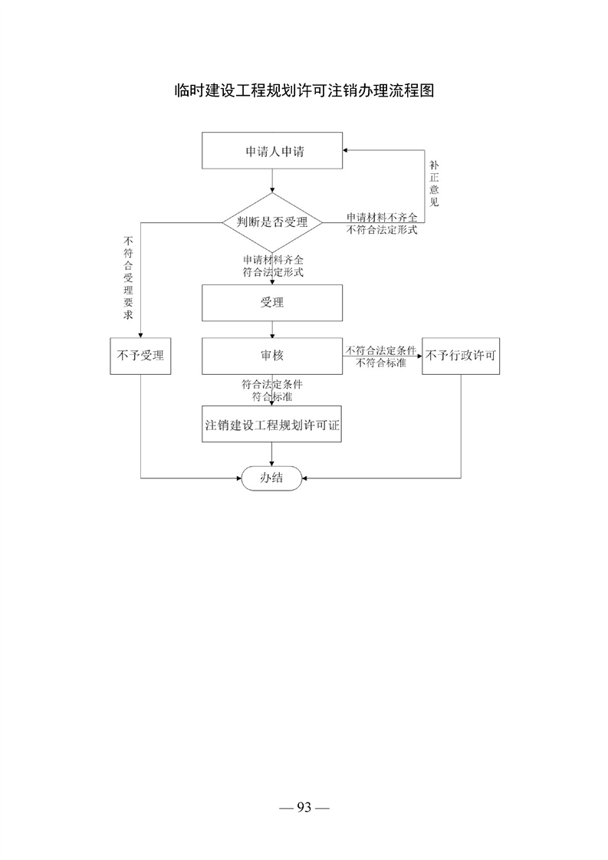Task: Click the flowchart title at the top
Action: click(304, 90)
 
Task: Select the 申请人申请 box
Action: click(272, 150)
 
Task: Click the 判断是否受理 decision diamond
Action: click(272, 222)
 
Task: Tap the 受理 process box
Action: click(272, 303)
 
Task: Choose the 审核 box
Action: click(272, 356)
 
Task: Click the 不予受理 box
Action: click(140, 356)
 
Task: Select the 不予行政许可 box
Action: click(461, 356)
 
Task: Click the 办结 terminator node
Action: click(272, 478)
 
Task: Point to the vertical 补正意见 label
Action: click(434, 184)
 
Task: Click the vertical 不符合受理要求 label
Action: click(128, 277)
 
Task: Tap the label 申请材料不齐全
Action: click(382, 217)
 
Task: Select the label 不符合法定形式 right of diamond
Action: click(382, 230)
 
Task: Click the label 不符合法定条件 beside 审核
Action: click(381, 350)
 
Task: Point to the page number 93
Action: click(304, 807)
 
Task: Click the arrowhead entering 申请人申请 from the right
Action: click(346, 150)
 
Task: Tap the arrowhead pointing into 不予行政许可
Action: click(419, 356)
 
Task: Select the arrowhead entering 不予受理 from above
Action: click(140, 335)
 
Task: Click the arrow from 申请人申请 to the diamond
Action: click(272, 181)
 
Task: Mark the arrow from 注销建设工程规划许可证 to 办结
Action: click(272, 455)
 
